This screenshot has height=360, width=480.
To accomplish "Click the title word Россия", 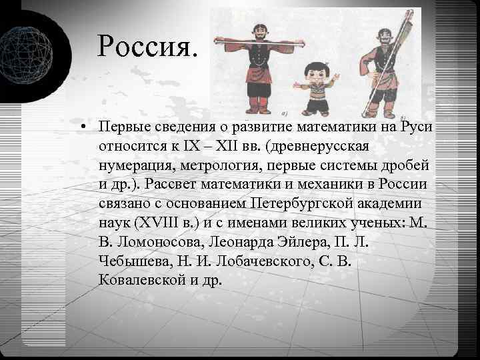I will coord(147,46).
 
